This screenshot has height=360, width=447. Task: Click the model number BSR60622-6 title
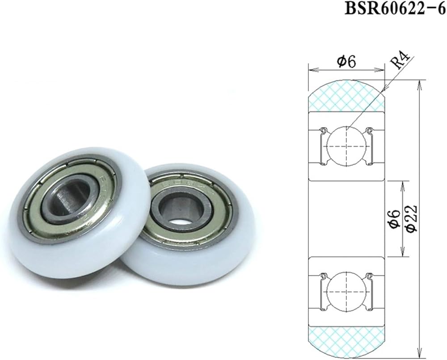click(x=395, y=8)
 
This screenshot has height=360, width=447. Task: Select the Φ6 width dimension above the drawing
click(x=346, y=62)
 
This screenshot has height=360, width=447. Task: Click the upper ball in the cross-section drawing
click(x=346, y=146)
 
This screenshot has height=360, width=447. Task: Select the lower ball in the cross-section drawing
click(x=346, y=291)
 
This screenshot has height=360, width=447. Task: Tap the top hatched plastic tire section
click(x=347, y=96)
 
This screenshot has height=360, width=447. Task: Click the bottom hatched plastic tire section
click(x=347, y=341)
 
